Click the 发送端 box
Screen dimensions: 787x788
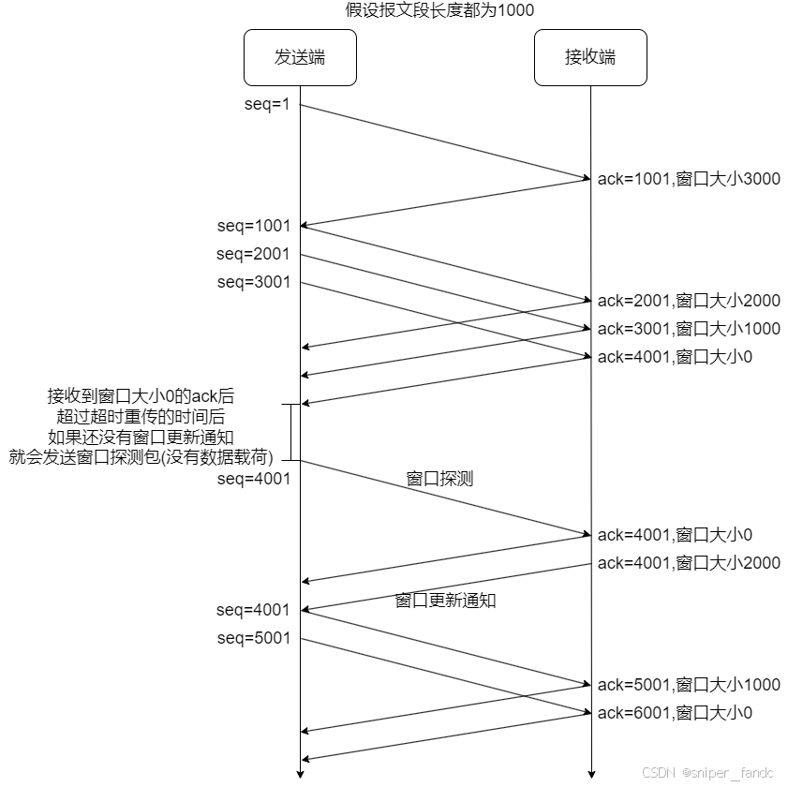tap(300, 57)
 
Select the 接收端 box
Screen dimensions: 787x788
tap(590, 57)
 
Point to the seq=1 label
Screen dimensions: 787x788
tap(268, 104)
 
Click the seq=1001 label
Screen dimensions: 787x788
tap(254, 226)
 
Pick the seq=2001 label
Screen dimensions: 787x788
tap(254, 254)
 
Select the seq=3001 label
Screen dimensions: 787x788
tap(254, 282)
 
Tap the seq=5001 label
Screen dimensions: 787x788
tap(254, 638)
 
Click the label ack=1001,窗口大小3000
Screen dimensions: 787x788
tap(689, 179)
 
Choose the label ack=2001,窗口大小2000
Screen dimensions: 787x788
tap(689, 301)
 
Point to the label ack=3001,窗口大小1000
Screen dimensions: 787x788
tap(689, 329)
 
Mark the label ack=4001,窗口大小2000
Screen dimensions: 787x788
tap(689, 563)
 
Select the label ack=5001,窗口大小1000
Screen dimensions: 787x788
tap(689, 685)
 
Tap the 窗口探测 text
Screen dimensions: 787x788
tap(439, 479)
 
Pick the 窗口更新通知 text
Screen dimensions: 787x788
tap(445, 601)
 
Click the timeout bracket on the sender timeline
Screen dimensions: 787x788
tap(293, 432)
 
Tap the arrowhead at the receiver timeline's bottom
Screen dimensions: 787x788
tap(590, 774)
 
